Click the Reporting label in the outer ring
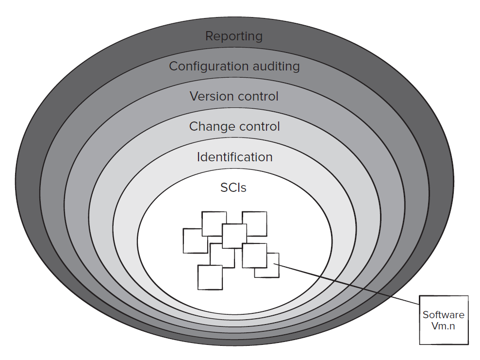tap(233, 36)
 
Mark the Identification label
tap(234, 157)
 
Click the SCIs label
tap(233, 188)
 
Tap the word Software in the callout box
tap(444, 315)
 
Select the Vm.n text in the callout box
tap(444, 326)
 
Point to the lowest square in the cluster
tap(210, 278)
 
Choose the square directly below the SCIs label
tap(234, 236)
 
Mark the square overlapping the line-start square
tap(254, 255)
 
